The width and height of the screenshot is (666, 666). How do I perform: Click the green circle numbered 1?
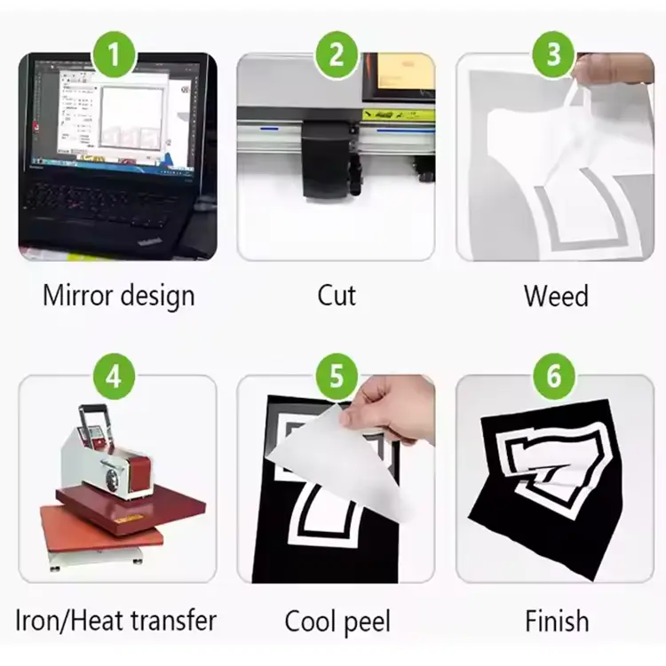pyautogui.click(x=114, y=54)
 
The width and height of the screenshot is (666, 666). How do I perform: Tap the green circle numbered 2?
pyautogui.click(x=336, y=54)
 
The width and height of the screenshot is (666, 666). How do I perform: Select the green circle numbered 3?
pyautogui.click(x=553, y=54)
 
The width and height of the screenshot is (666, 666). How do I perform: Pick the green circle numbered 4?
pyautogui.click(x=114, y=376)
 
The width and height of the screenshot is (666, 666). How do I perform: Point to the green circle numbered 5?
pyautogui.click(x=336, y=376)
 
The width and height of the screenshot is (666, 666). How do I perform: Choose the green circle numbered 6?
pyautogui.click(x=553, y=376)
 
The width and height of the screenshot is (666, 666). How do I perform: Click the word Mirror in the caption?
pyautogui.click(x=78, y=295)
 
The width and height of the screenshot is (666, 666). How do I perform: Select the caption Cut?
pyautogui.click(x=337, y=295)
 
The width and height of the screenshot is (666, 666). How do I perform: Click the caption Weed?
pyautogui.click(x=556, y=295)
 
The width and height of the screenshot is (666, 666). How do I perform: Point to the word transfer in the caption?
pyautogui.click(x=174, y=621)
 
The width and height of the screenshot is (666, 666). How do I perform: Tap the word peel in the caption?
pyautogui.click(x=367, y=623)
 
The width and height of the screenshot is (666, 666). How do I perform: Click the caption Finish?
pyautogui.click(x=557, y=621)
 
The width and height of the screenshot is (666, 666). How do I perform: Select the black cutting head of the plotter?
pyautogui.click(x=327, y=158)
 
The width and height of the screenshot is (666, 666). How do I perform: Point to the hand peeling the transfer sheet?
pyautogui.click(x=389, y=408)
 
